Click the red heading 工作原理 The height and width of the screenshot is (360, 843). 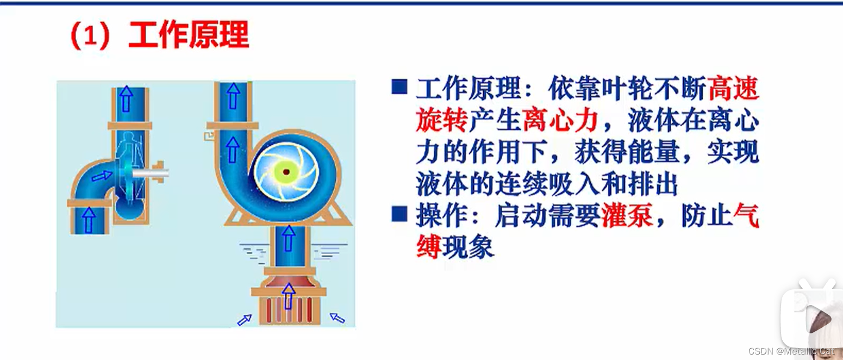click(189, 35)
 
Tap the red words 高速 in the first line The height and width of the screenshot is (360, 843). click(733, 89)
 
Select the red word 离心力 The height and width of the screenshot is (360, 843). click(560, 121)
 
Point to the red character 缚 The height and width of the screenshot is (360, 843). click(429, 247)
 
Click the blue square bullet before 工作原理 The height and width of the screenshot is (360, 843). click(399, 86)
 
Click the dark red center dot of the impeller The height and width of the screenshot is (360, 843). click(286, 172)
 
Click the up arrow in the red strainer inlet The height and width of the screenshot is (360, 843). click(289, 296)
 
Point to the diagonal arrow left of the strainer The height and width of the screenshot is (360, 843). click(245, 320)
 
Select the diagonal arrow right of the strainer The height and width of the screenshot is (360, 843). click(337, 318)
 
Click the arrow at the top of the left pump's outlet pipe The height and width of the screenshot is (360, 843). click(127, 99)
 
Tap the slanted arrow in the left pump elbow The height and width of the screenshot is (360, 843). click(102, 176)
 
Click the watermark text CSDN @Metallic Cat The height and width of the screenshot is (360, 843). click(791, 351)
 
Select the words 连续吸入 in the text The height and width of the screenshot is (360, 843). click(547, 184)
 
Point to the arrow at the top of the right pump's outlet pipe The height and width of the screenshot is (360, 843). click(233, 96)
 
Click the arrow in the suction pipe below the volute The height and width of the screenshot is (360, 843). click(289, 238)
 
